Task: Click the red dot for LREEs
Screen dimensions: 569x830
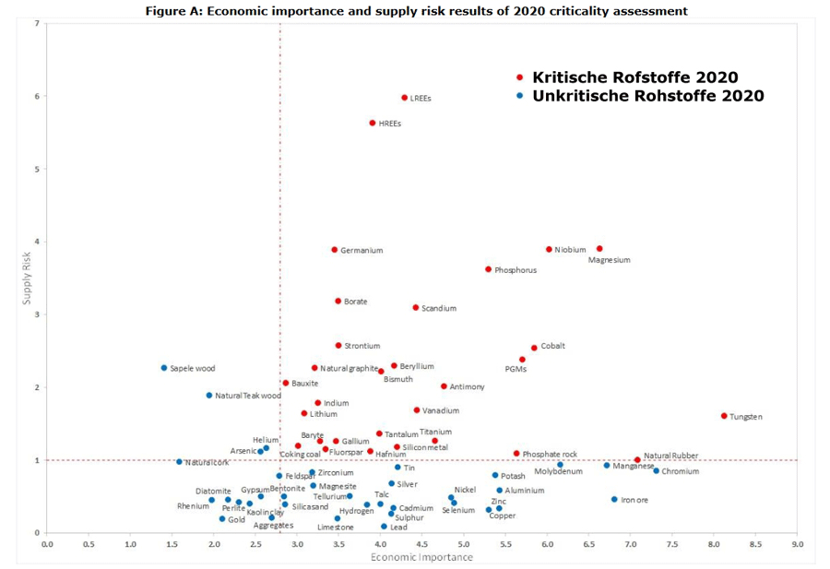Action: pyautogui.click(x=404, y=98)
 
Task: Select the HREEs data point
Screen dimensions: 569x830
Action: pyautogui.click(x=373, y=123)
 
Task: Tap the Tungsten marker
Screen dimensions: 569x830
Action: pyautogui.click(x=724, y=416)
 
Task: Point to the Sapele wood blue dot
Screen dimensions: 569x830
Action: pyautogui.click(x=164, y=368)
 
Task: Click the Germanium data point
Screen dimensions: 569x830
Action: pyautogui.click(x=335, y=250)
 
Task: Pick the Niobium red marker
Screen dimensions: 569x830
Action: pyautogui.click(x=549, y=249)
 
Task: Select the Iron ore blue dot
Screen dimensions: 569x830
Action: pyautogui.click(x=614, y=499)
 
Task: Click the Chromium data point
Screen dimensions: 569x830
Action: pyautogui.click(x=657, y=470)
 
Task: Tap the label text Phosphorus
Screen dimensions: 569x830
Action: pyautogui.click(x=516, y=270)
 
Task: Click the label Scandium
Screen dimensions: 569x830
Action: pyautogui.click(x=439, y=308)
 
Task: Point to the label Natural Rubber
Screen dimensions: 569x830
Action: pyautogui.click(x=670, y=456)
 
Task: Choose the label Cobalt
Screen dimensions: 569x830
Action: pyautogui.click(x=553, y=347)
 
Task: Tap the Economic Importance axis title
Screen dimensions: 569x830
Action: pyautogui.click(x=409, y=557)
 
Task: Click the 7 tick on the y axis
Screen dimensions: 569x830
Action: pyautogui.click(x=36, y=23)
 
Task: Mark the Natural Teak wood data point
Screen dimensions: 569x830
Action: pyautogui.click(x=209, y=395)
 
